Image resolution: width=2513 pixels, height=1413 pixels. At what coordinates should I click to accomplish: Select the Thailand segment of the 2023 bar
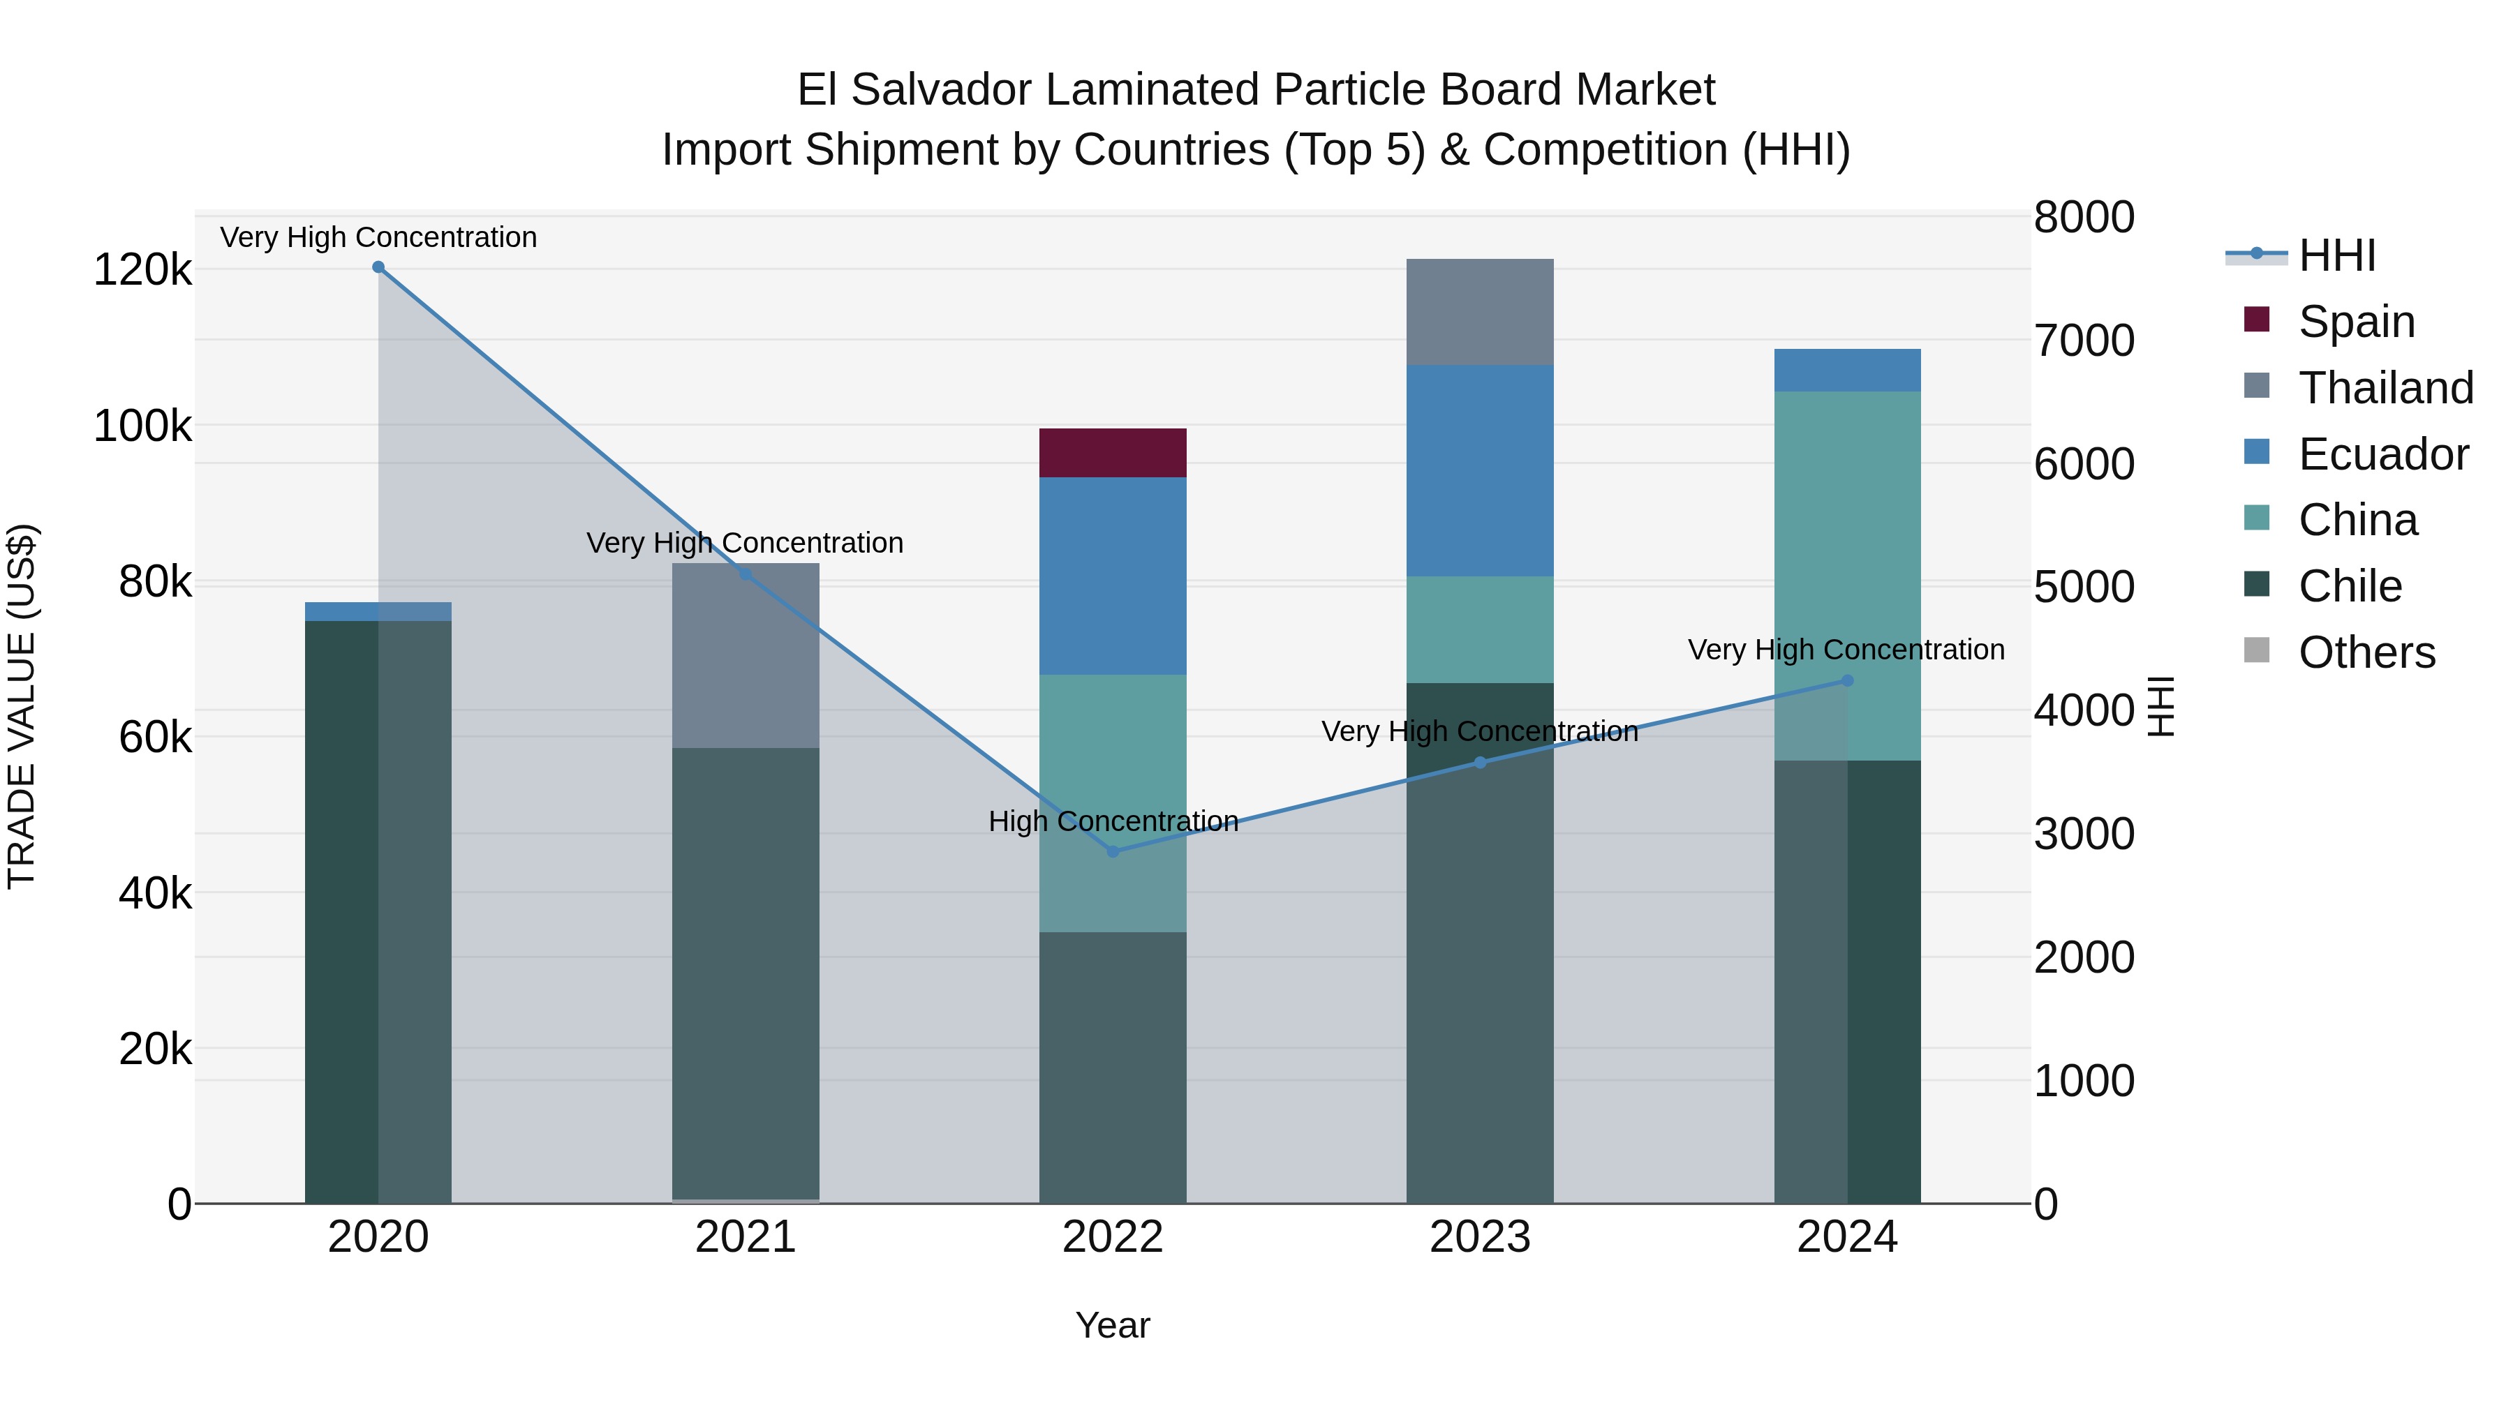[x=1479, y=312]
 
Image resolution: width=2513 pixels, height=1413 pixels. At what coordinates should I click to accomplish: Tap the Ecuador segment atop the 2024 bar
[x=1846, y=370]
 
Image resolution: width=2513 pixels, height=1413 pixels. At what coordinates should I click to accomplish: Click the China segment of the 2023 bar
[x=1479, y=629]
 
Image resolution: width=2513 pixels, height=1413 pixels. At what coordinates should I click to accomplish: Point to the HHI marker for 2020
[x=378, y=267]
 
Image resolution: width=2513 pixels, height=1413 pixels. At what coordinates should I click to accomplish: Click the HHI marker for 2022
[x=1113, y=851]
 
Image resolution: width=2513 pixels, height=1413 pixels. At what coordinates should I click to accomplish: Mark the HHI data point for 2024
[x=1846, y=680]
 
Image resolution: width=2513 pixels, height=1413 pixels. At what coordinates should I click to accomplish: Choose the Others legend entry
[x=2366, y=652]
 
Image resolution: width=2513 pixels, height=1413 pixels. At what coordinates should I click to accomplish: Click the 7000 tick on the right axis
[x=2084, y=341]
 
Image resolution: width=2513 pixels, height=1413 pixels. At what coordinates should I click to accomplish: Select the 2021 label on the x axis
[x=746, y=1237]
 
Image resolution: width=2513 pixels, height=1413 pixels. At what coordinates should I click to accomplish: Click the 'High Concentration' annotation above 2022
[x=1113, y=821]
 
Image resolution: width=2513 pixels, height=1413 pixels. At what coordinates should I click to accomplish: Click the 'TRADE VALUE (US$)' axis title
[x=22, y=706]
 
